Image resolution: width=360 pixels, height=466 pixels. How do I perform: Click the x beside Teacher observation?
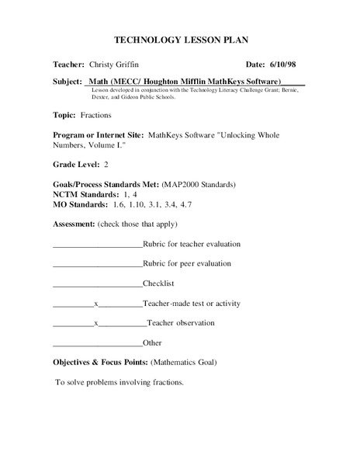[x=95, y=323]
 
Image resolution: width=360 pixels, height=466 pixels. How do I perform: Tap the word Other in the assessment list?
[x=152, y=343]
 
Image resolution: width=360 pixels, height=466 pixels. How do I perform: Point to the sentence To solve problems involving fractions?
[x=119, y=382]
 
